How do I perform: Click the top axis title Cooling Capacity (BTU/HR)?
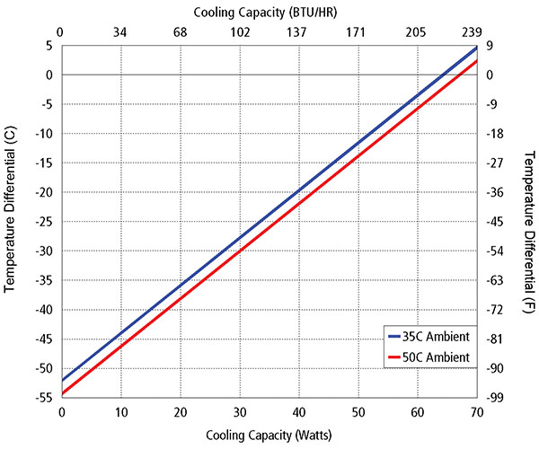268,11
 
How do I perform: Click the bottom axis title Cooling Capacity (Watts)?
268,436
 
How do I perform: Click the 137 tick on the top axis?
297,32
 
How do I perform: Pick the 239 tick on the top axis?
475,32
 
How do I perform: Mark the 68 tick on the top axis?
180,32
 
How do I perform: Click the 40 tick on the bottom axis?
297,411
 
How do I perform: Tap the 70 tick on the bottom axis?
475,411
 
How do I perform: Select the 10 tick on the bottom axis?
120,411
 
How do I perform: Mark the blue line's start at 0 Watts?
61,380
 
